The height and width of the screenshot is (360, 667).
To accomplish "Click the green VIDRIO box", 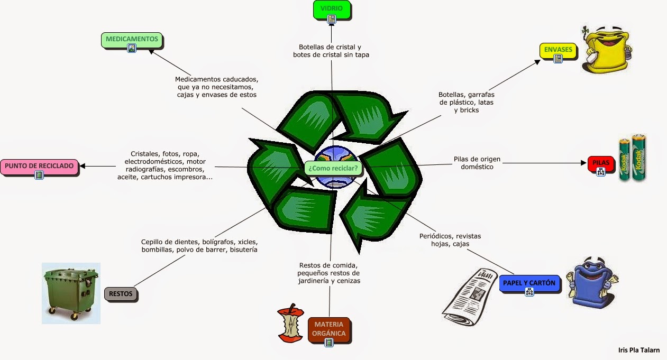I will tap(331, 8).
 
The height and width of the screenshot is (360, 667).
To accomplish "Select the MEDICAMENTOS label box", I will tap(131, 40).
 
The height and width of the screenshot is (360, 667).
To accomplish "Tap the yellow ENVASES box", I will tap(558, 50).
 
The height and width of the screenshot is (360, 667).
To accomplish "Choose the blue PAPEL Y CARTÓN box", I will tap(528, 283).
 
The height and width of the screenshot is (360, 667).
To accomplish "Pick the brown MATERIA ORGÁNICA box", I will tap(329, 329).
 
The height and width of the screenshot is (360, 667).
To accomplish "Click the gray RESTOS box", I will tap(121, 294).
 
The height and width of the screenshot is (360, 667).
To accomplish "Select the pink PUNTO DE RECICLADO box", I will tap(39, 166).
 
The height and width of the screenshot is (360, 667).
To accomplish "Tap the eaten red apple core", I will tap(289, 322).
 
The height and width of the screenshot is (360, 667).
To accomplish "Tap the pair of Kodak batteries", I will tap(633, 158).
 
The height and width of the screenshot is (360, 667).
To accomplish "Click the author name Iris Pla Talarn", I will tap(638, 349).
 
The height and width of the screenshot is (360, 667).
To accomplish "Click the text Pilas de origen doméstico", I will tap(477, 163).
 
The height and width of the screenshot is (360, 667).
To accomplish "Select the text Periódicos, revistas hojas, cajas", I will tap(450, 240).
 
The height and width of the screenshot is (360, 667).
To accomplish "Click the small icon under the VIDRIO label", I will tap(332, 20).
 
